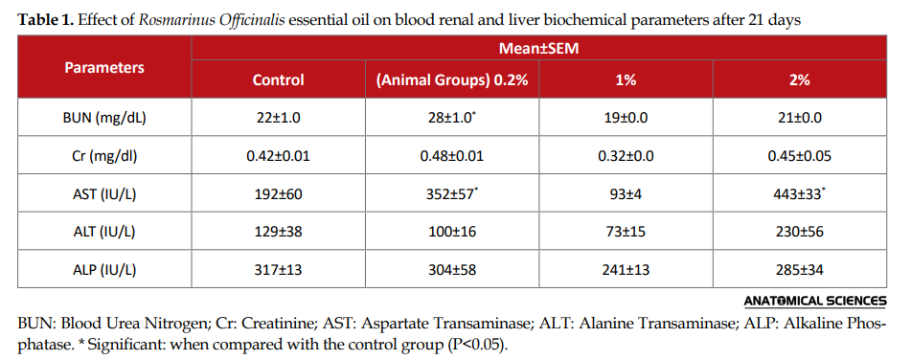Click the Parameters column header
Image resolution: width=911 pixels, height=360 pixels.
[x=104, y=67]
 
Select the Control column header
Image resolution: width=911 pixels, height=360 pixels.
[x=279, y=80]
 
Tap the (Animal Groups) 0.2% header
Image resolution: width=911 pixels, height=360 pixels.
[x=452, y=80]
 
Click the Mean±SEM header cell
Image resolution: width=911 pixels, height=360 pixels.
[x=538, y=48]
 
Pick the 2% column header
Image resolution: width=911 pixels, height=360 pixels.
[x=800, y=80]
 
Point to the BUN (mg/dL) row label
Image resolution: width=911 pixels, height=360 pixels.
[x=104, y=118]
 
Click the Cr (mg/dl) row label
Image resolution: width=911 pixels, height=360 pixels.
[x=104, y=156]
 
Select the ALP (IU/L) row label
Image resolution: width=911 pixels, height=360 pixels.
[x=104, y=269]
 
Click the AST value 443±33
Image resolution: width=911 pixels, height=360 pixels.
[x=801, y=193]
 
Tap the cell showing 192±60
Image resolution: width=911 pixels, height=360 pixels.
[x=279, y=194]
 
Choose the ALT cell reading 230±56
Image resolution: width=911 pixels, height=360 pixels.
[x=800, y=232]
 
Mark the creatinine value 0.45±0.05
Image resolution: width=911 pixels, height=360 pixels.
[x=800, y=156]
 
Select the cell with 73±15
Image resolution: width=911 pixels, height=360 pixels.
[x=626, y=232]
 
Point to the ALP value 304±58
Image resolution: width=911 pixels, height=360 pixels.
[x=452, y=269]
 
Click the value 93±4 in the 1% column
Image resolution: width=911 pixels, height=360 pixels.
[x=626, y=194]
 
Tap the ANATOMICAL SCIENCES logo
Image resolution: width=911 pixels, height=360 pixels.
[x=815, y=301]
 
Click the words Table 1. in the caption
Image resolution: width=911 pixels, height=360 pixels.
[x=46, y=20]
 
